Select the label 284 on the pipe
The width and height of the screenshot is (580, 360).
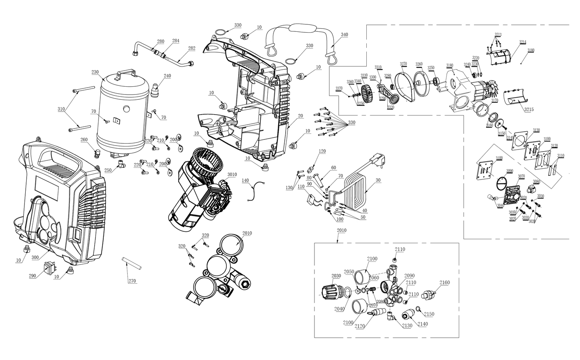[175, 41]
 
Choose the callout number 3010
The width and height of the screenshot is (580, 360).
[232, 174]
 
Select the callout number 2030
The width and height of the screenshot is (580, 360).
[336, 276]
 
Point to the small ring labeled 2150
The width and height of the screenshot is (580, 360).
[418, 309]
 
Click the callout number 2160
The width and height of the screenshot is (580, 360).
[444, 283]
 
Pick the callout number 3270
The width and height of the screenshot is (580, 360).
[403, 64]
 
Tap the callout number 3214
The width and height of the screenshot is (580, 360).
[522, 42]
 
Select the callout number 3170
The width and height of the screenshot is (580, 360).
[495, 101]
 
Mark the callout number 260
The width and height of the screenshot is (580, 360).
[84, 139]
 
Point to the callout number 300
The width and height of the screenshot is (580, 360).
[35, 258]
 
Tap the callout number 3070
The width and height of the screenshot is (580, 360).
[522, 176]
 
